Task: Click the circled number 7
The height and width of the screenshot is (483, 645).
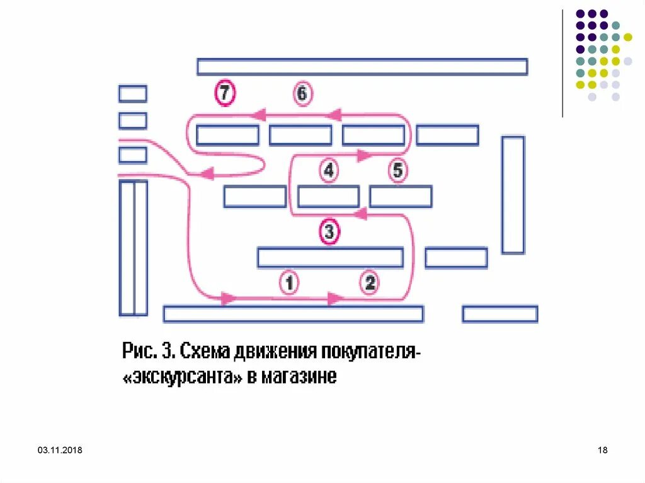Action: pyautogui.click(x=225, y=93)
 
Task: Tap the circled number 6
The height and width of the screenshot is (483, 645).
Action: pyautogui.click(x=302, y=94)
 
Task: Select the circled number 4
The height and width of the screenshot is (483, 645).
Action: pyautogui.click(x=328, y=170)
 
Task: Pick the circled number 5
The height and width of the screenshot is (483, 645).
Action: pyautogui.click(x=397, y=170)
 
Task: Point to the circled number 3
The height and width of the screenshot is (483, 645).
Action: pyautogui.click(x=329, y=232)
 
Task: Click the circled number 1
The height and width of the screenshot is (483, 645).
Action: pyautogui.click(x=288, y=283)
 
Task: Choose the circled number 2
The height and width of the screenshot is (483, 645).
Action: pyautogui.click(x=370, y=283)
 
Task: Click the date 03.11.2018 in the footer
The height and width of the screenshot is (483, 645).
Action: pyautogui.click(x=60, y=450)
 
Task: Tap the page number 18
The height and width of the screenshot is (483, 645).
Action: pyautogui.click(x=602, y=450)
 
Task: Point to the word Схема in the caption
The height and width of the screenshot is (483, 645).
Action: pyautogui.click(x=204, y=350)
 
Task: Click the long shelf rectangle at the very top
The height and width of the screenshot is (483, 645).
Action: pyautogui.click(x=362, y=67)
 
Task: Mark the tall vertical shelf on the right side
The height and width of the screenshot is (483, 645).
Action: pyautogui.click(x=513, y=195)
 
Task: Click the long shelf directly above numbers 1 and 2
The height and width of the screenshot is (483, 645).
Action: pyautogui.click(x=330, y=258)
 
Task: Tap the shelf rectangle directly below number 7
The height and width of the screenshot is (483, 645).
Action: pyautogui.click(x=227, y=135)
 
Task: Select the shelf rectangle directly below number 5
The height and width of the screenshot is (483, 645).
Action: pyautogui.click(x=401, y=196)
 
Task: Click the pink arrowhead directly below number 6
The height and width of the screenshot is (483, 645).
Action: pyautogui.click(x=333, y=115)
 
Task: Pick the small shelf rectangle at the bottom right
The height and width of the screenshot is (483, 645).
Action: pyautogui.click(x=499, y=314)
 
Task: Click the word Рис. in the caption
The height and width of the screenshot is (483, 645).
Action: pyautogui.click(x=139, y=350)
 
